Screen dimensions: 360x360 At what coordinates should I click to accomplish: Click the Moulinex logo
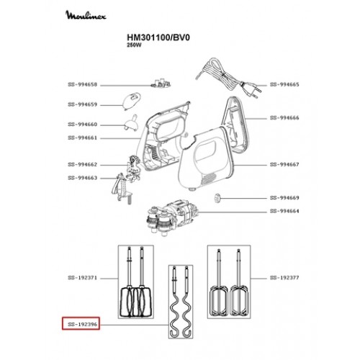86,15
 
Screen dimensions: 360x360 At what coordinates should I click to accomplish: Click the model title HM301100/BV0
158,37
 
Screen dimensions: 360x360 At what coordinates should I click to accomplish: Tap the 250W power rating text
135,45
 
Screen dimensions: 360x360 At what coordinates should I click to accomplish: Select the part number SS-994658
83,85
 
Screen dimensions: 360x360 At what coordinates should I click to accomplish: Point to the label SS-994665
284,84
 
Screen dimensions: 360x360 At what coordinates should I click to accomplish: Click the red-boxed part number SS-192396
83,325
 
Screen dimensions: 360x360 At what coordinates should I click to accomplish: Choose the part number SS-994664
284,211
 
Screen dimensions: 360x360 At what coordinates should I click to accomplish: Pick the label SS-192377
284,278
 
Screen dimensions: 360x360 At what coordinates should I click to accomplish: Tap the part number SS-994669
284,198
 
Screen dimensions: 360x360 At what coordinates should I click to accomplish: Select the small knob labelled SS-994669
217,199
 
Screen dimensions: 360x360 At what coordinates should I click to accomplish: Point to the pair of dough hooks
181,302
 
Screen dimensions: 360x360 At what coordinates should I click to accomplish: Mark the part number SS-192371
83,278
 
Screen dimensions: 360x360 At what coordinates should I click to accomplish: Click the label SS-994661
83,138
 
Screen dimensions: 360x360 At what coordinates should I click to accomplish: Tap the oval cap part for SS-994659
131,102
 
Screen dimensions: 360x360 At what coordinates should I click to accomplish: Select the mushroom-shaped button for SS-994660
131,123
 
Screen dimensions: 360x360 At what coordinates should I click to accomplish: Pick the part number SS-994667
284,165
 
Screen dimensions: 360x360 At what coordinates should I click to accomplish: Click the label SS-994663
83,178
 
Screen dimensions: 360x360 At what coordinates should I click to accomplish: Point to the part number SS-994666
284,118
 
